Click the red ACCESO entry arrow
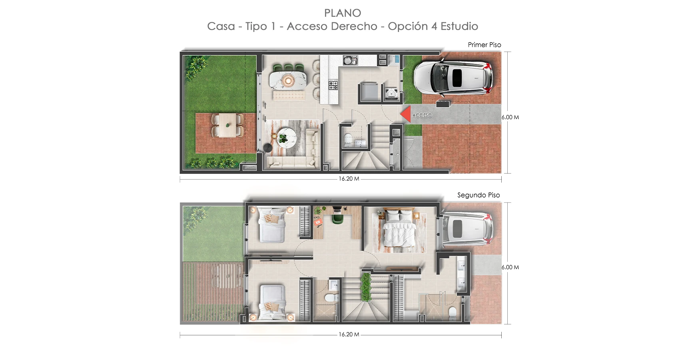[405, 114]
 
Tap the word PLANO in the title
[343, 13]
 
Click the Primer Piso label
[484, 45]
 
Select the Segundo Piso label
[479, 195]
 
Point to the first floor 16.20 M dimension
[349, 179]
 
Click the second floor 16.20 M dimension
[349, 334]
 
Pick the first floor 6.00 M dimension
[510, 117]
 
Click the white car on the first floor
[453, 77]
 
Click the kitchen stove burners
[333, 85]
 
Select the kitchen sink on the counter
[350, 60]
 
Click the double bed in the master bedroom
[399, 229]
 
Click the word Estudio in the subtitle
[459, 26]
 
